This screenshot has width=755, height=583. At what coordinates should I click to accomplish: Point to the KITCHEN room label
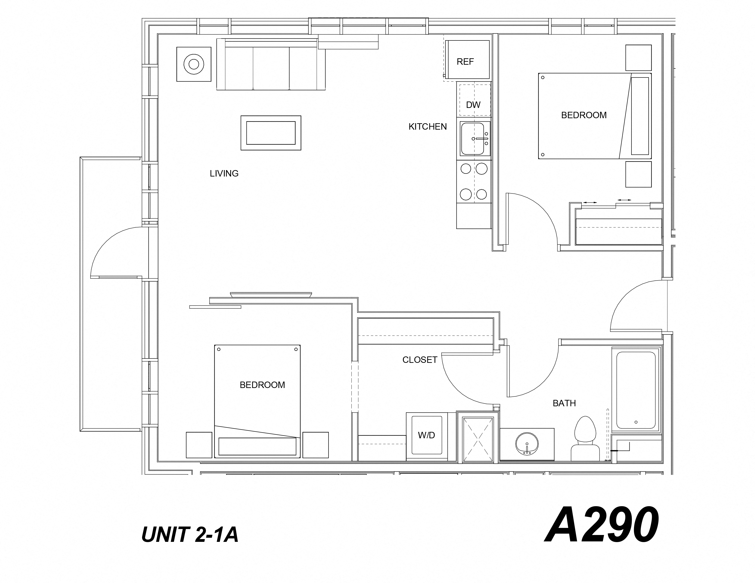pyautogui.click(x=428, y=127)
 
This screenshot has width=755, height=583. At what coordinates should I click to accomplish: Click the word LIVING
pyautogui.click(x=224, y=173)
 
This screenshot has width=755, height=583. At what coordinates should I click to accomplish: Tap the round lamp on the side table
pyautogui.click(x=194, y=64)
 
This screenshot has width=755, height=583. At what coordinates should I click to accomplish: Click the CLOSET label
pyautogui.click(x=420, y=360)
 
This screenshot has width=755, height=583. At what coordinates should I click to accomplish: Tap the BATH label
pyautogui.click(x=564, y=403)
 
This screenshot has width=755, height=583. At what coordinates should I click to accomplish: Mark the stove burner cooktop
pyautogui.click(x=474, y=182)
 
